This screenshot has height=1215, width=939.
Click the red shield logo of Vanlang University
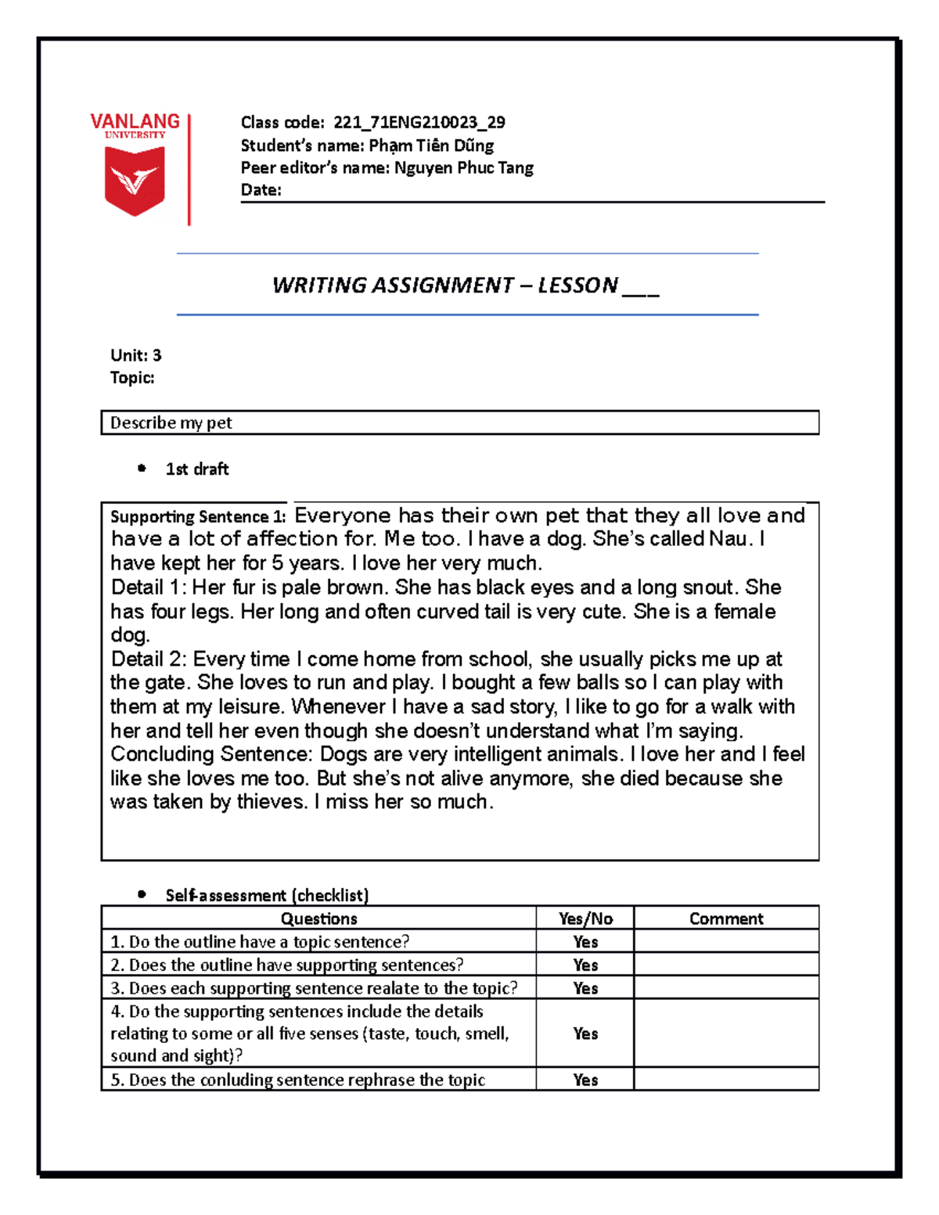(135, 181)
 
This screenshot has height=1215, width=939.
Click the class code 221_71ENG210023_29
(419, 122)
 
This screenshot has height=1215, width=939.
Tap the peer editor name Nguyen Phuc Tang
(463, 167)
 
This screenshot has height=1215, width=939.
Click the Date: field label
(261, 190)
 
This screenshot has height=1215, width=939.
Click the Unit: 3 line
(135, 355)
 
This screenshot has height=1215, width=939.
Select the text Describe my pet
(171, 422)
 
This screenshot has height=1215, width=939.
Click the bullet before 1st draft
(142, 469)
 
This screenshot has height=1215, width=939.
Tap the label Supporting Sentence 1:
(198, 516)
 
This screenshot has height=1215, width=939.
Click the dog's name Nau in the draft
(727, 539)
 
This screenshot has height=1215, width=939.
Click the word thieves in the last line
(272, 802)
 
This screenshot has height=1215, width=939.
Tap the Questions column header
(318, 918)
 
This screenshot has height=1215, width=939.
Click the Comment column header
(725, 918)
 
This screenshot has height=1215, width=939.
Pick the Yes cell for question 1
(585, 942)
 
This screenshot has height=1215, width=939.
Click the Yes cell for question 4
(585, 1033)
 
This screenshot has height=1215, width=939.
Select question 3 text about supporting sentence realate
(314, 988)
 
